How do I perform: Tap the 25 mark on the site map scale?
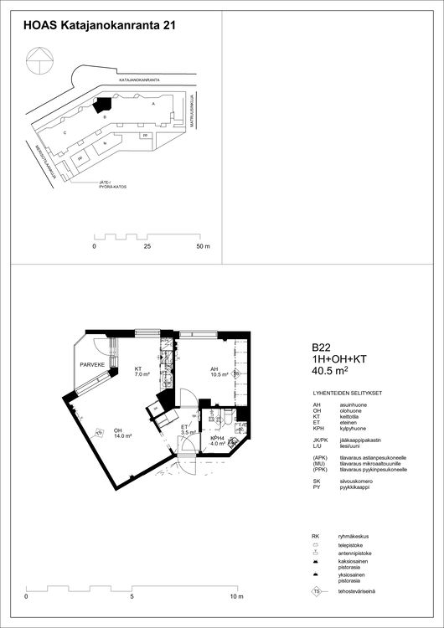147,248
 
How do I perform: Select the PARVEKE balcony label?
91,366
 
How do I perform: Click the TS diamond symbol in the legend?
317,592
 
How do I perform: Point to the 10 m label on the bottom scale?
237,598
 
